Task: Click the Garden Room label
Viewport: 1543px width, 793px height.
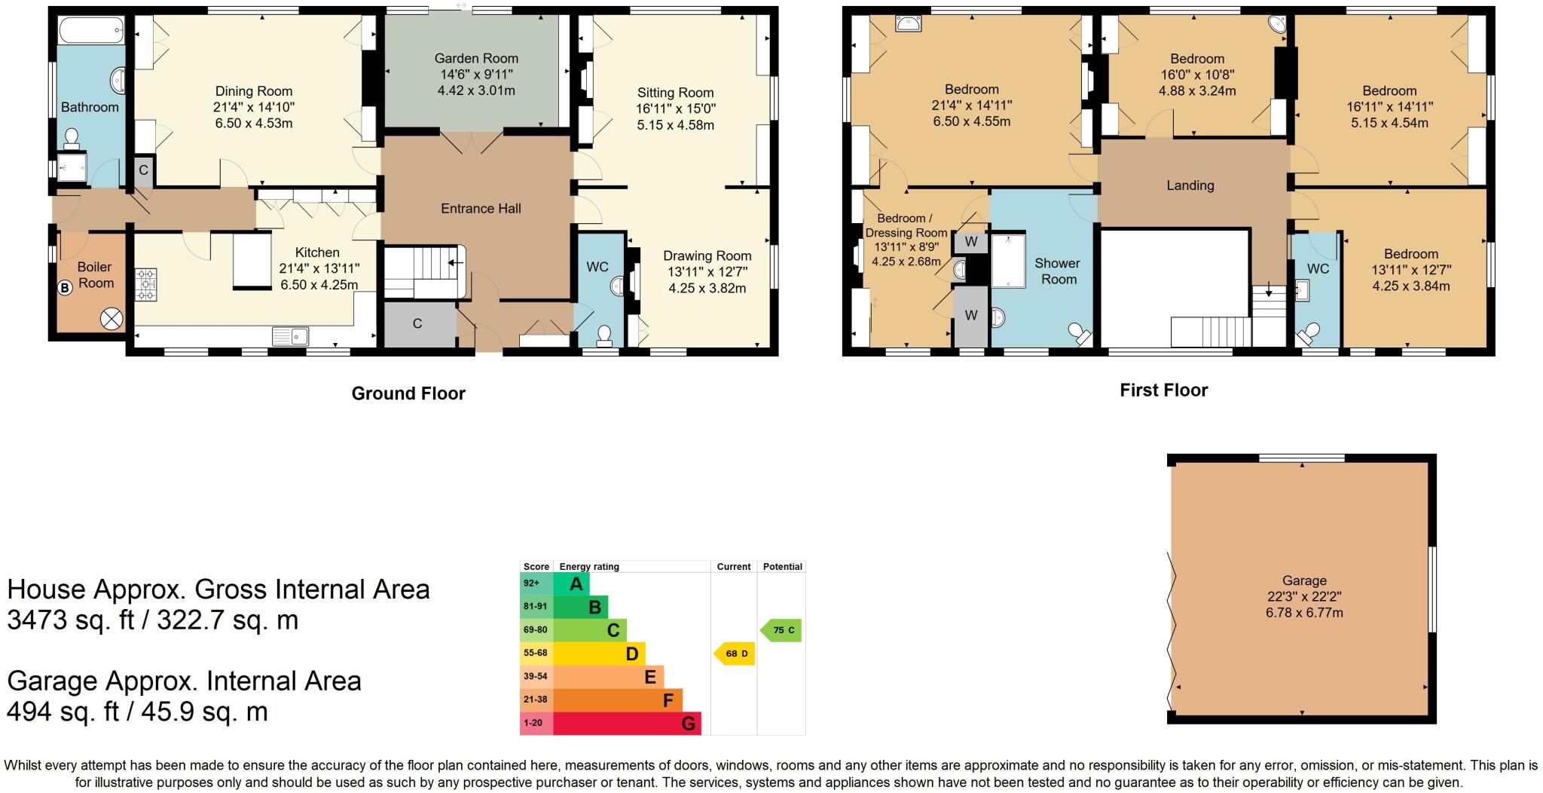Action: pyautogui.click(x=476, y=58)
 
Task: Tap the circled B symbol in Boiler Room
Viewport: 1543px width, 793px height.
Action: pyautogui.click(x=65, y=287)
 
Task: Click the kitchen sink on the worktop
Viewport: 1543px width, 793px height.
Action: pyautogui.click(x=290, y=335)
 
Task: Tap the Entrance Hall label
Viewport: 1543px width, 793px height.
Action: pyautogui.click(x=481, y=209)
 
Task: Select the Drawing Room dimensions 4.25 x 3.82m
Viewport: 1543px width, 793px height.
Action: pyautogui.click(x=707, y=288)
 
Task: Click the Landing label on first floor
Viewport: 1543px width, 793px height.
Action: pyautogui.click(x=1190, y=185)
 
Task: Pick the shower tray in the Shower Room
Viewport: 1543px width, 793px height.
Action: pyautogui.click(x=1008, y=261)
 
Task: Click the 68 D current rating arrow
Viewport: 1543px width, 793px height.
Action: pyautogui.click(x=734, y=654)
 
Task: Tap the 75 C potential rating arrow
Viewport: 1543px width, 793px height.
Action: pyautogui.click(x=781, y=630)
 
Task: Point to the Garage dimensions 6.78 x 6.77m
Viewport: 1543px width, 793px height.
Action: pyautogui.click(x=1303, y=613)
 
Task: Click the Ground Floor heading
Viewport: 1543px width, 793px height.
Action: pyautogui.click(x=408, y=393)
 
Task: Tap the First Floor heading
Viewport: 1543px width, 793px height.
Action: pyautogui.click(x=1163, y=390)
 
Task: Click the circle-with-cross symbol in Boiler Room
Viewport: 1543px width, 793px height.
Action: pyautogui.click(x=112, y=320)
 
